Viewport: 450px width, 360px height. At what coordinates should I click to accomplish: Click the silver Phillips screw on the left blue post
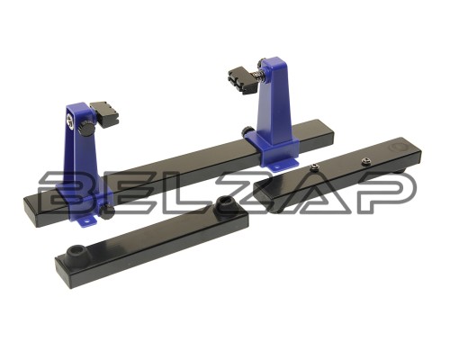[71, 122]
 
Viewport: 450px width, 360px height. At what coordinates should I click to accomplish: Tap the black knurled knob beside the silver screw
[86, 130]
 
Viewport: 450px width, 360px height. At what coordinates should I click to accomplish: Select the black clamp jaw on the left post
[103, 114]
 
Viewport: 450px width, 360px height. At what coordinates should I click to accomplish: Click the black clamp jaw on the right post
[243, 81]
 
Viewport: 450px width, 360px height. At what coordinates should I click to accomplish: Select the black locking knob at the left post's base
[107, 211]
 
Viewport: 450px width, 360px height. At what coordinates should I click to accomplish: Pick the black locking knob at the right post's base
[248, 131]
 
